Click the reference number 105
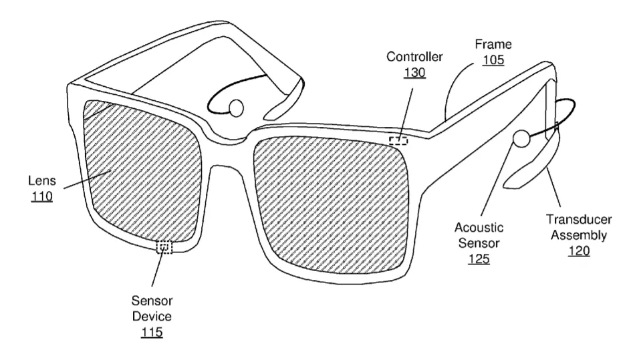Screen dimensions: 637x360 tap(493, 60)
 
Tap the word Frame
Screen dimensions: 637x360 tap(493, 44)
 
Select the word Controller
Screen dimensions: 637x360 tap(414, 56)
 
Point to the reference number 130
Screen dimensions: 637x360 tap(414, 73)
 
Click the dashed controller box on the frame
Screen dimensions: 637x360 tap(398, 140)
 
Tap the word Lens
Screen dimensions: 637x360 tap(42, 180)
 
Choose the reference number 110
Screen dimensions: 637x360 tap(42, 197)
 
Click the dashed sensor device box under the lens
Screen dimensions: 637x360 tap(164, 246)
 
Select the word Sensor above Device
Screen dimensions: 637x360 tap(152, 301)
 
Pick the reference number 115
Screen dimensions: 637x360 tap(152, 333)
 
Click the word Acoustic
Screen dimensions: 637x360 tap(479, 227)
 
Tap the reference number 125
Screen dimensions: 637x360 tap(479, 259)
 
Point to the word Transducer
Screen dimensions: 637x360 tap(578, 220)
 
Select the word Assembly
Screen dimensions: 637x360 tap(578, 235)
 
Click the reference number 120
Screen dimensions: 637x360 tap(578, 251)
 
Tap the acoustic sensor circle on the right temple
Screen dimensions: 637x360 tap(521, 138)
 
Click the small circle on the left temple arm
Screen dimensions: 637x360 tap(236, 108)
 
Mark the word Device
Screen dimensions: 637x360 tap(152, 317)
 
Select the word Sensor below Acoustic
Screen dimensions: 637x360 tap(479, 243)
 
